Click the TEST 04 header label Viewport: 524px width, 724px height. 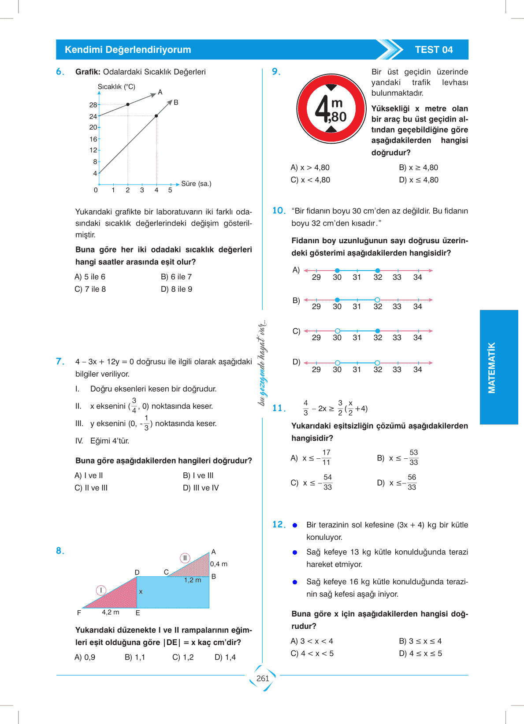[434, 50]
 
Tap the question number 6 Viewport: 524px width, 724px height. [60, 72]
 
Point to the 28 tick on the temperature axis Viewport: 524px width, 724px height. [93, 105]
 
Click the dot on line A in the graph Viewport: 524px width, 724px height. [128, 104]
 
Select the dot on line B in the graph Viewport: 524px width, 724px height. [156, 116]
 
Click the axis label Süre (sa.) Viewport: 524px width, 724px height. [196, 184]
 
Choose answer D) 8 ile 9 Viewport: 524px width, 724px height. [176, 289]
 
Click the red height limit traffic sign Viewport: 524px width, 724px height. [331, 108]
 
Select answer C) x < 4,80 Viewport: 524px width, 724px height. [310, 180]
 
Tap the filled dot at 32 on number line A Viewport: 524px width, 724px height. [378, 271]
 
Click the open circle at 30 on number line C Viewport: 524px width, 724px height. [337, 331]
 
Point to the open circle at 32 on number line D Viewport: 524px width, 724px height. [377, 363]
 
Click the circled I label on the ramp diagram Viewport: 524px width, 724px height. [101, 590]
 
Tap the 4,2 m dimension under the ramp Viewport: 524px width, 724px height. [110, 612]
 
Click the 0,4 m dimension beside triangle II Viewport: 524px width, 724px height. [219, 564]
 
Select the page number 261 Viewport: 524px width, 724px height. [263, 679]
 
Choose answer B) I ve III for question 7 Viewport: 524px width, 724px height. [198, 475]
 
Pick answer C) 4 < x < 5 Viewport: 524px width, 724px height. [312, 653]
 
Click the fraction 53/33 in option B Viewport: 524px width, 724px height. [413, 457]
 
